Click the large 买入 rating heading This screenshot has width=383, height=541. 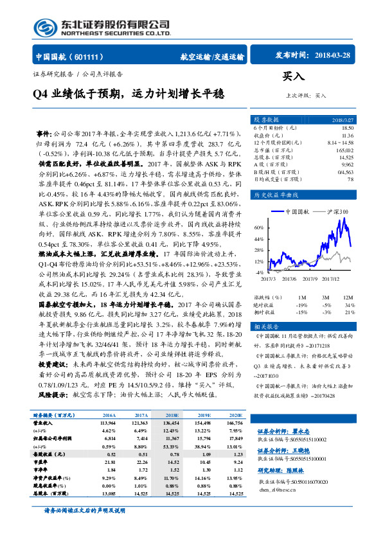(293, 77)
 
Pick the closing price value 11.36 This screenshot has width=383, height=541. (348, 136)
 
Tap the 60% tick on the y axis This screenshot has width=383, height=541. (258, 245)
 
